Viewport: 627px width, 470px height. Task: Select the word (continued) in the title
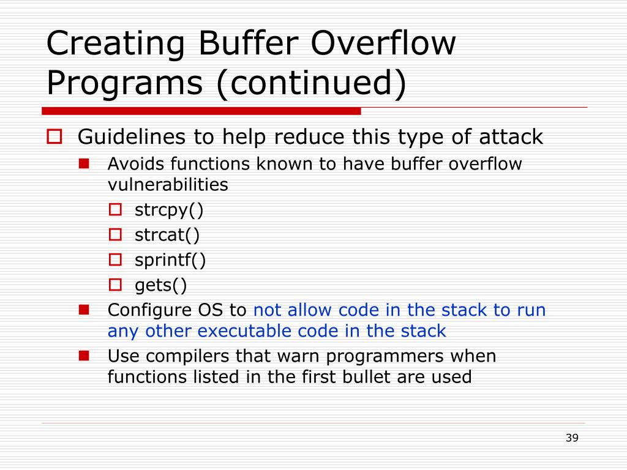pyautogui.click(x=311, y=83)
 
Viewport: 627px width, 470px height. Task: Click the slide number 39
pyautogui.click(x=572, y=438)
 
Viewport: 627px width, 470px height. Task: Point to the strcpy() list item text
pyautogui.click(x=169, y=211)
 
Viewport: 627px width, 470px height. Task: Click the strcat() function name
pyautogui.click(x=167, y=235)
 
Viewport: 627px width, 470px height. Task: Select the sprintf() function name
pyautogui.click(x=170, y=260)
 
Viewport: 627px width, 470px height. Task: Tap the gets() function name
pyautogui.click(x=160, y=285)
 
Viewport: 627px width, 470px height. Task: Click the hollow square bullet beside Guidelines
pyautogui.click(x=54, y=136)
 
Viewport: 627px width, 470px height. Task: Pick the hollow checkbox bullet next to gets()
pyautogui.click(x=115, y=285)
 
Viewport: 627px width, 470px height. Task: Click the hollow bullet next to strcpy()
pyautogui.click(x=115, y=210)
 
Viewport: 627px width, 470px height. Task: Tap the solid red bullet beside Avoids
pyautogui.click(x=84, y=163)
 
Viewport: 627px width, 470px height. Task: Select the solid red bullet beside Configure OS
pyautogui.click(x=84, y=310)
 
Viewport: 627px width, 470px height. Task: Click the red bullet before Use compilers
pyautogui.click(x=84, y=356)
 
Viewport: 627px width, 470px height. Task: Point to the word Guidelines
pyautogui.click(x=132, y=136)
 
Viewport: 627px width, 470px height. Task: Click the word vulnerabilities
pyautogui.click(x=168, y=185)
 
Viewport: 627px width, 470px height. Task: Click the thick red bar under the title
pyautogui.click(x=201, y=111)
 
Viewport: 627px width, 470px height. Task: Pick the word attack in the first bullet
pyautogui.click(x=511, y=136)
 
